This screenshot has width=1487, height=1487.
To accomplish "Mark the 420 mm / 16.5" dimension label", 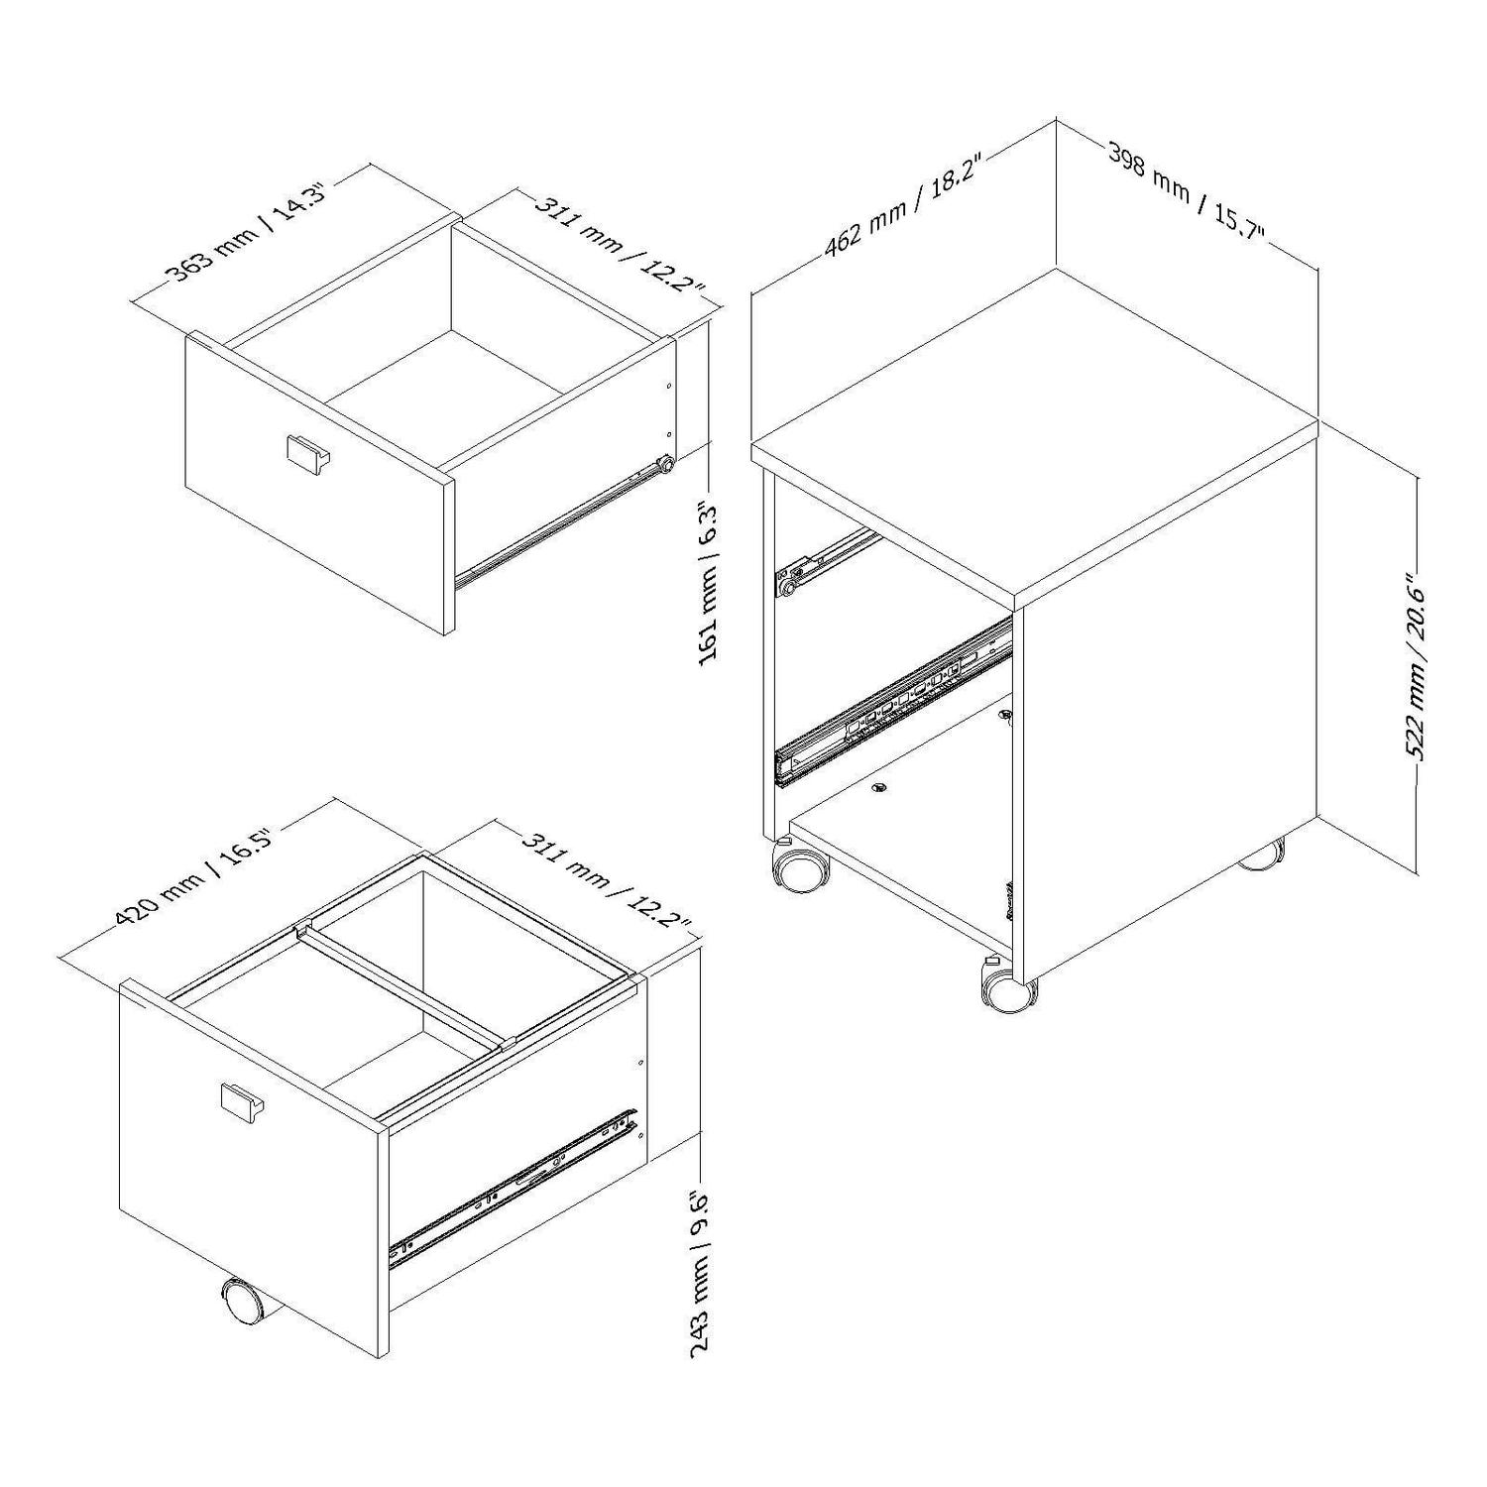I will point(194,871).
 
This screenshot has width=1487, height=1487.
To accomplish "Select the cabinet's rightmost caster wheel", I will point(1261,855).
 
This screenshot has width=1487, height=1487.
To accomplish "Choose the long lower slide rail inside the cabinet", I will point(893,701).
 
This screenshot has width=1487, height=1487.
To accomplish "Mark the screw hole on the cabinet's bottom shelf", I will point(877,788).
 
